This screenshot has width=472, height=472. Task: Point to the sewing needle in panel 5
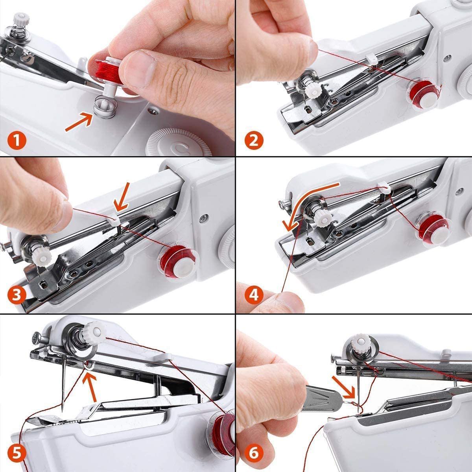63,383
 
